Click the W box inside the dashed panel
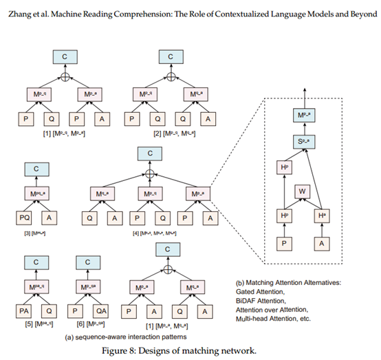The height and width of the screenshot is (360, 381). point(303,190)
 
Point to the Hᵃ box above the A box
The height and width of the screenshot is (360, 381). point(323,215)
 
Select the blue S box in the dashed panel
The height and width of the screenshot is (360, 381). point(303,141)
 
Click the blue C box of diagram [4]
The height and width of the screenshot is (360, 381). point(148,153)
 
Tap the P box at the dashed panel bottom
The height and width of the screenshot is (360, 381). point(283,244)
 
